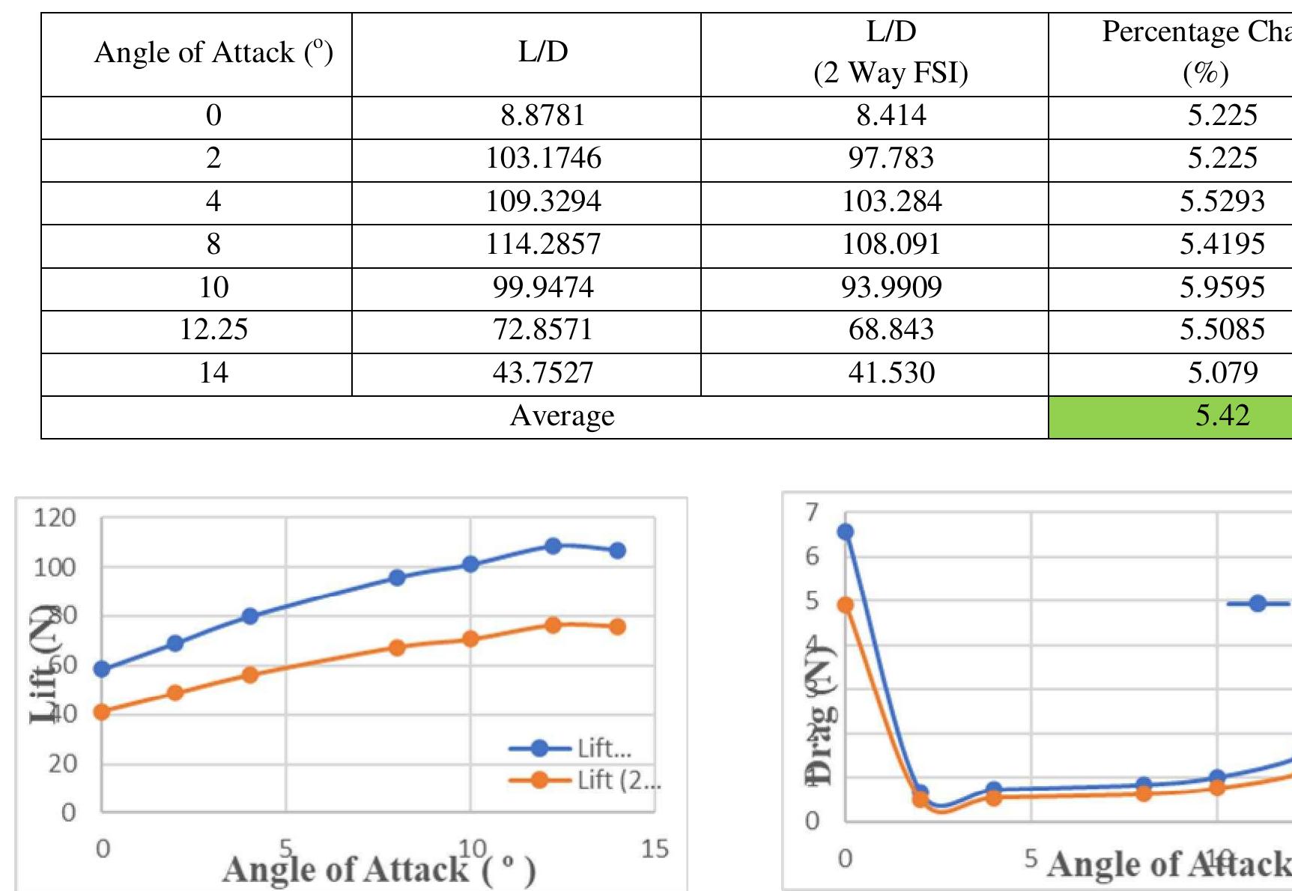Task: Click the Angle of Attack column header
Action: point(213,52)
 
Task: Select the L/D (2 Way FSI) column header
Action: point(891,52)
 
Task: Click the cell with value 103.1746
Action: point(543,158)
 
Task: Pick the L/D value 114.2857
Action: point(543,244)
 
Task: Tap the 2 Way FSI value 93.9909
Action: point(891,288)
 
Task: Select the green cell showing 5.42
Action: point(1222,416)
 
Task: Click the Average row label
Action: point(562,416)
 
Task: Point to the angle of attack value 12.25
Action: point(213,329)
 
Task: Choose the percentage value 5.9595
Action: point(1222,288)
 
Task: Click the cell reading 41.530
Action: point(891,373)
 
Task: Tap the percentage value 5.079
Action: point(1222,373)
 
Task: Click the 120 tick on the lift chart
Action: point(55,517)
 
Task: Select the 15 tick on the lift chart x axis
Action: point(655,848)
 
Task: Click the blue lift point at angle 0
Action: point(102,669)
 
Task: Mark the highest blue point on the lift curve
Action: point(553,546)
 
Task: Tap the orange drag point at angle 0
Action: point(846,605)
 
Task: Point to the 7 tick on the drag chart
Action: point(813,511)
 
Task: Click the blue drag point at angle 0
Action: point(846,532)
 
